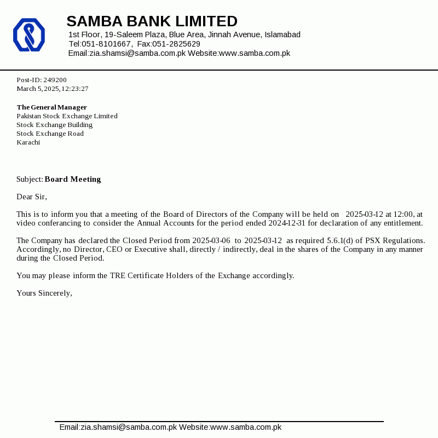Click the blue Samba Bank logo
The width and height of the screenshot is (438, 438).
(x=29, y=35)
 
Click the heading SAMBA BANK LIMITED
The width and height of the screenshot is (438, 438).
(x=152, y=21)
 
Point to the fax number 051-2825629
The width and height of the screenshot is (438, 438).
(x=176, y=44)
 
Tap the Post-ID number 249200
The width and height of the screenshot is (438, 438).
(x=55, y=80)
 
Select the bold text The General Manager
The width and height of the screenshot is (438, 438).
(x=51, y=107)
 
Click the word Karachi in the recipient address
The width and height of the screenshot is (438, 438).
(x=28, y=142)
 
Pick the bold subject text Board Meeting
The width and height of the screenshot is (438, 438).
(x=73, y=179)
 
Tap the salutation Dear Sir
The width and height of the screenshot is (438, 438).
(x=32, y=197)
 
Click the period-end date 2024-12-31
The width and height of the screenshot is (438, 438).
(x=286, y=223)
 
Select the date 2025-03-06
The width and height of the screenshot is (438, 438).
(x=211, y=240)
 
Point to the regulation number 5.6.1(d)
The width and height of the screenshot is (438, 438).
(x=340, y=240)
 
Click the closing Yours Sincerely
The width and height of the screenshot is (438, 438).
(x=44, y=293)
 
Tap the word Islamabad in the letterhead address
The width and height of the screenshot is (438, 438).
(x=283, y=34)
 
